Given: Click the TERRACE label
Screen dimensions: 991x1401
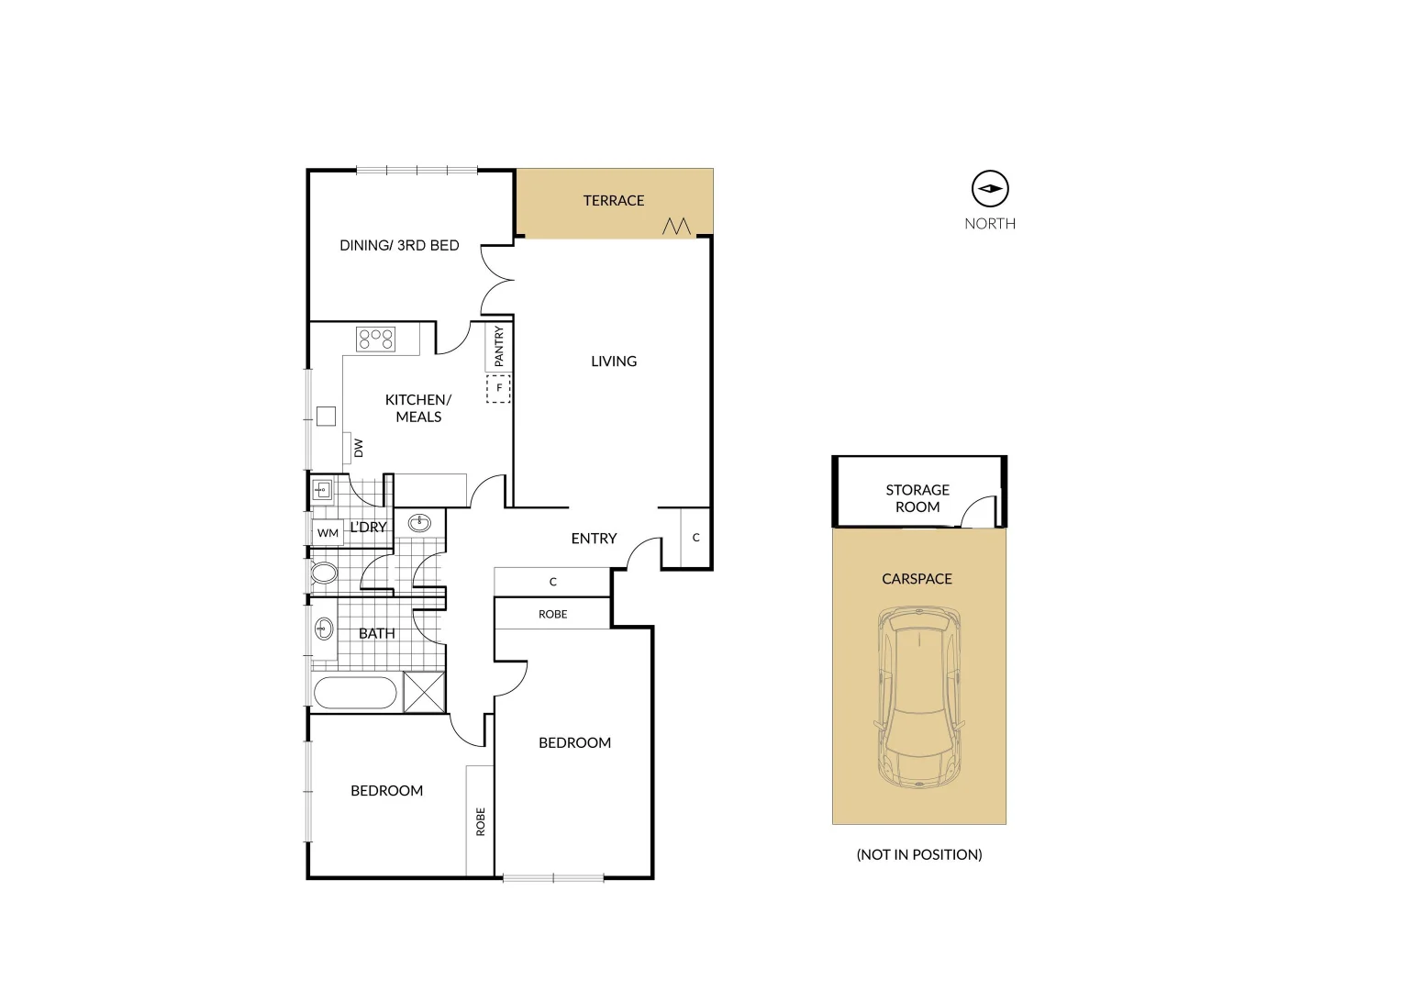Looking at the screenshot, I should tap(614, 201).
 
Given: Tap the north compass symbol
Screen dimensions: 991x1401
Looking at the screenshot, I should tap(990, 189).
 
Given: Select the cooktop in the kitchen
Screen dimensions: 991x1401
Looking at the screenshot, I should tap(375, 339).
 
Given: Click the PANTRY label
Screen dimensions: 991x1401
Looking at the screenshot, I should tap(499, 347).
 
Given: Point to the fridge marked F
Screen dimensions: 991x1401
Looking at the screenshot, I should tap(499, 388).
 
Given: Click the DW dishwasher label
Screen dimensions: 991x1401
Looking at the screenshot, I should tap(358, 448).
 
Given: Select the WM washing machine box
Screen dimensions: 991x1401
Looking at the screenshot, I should tap(328, 533).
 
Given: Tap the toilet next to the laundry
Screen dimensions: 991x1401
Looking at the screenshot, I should tap(323, 573).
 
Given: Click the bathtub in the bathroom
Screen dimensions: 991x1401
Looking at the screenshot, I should tap(355, 693).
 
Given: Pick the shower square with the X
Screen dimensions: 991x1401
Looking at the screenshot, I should tap(424, 692).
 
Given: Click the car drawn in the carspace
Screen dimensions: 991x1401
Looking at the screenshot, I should tap(918, 697).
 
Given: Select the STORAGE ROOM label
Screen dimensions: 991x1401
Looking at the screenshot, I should tap(917, 498).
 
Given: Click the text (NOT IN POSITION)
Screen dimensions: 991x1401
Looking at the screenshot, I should tap(918, 854).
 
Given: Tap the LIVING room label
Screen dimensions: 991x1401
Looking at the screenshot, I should tap(614, 362).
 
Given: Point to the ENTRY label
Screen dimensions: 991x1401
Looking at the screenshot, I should tap(594, 539).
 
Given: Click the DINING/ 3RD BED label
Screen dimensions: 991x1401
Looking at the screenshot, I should tap(399, 246).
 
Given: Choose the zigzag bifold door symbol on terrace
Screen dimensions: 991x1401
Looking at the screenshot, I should tap(676, 226).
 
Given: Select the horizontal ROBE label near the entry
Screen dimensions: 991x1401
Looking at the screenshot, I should tap(552, 615).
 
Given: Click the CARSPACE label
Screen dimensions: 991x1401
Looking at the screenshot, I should tap(917, 579).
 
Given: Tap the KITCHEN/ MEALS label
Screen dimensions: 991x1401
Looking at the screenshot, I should tap(418, 408).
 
